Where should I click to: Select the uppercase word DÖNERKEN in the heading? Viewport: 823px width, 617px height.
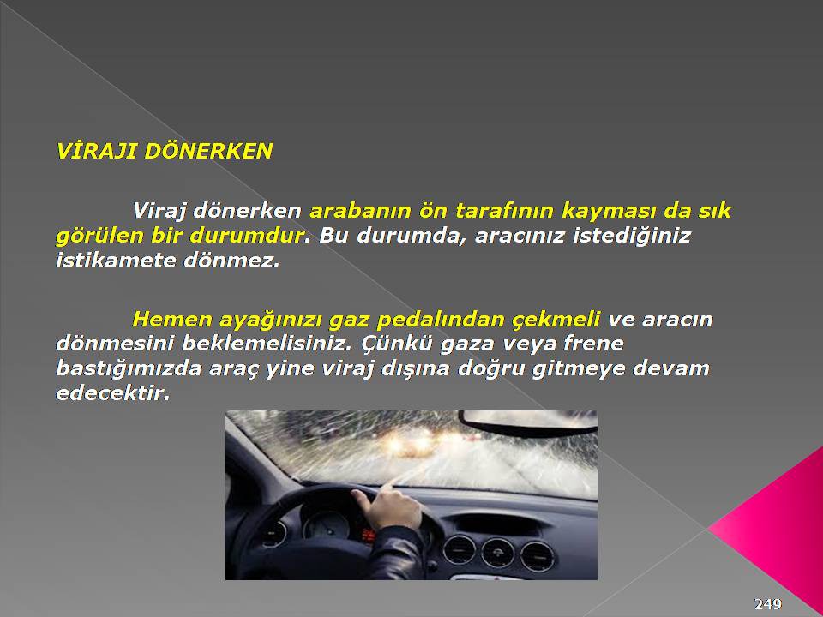pos(208,151)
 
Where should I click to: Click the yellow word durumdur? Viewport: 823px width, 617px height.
pos(247,236)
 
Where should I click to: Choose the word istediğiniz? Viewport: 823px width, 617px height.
pos(632,237)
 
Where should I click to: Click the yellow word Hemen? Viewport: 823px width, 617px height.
pos(171,320)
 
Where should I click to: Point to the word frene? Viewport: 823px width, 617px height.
pos(593,344)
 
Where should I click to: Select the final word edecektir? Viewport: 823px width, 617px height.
pos(113,393)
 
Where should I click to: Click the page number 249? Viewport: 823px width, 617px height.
pos(768,604)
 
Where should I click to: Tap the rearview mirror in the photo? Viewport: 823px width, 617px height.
pos(527,422)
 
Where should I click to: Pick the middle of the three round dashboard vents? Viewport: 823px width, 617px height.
pos(497,553)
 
